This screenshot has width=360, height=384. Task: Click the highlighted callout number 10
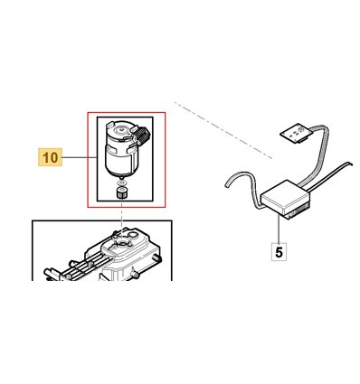coord(50,157)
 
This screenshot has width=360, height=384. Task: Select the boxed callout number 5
coord(279,251)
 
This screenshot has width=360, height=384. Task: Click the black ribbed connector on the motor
coord(142,135)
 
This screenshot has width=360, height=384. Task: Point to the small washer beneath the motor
coord(121,183)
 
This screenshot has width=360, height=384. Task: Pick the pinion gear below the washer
coord(121,192)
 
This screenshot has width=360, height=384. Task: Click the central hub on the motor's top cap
coord(121,130)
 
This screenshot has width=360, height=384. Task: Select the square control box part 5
coord(285,196)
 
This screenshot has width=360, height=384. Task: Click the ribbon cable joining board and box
coord(320,154)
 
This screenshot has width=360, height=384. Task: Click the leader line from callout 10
coord(80,157)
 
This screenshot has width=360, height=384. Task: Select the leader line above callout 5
coord(279,229)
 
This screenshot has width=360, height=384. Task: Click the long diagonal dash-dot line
coord(223,130)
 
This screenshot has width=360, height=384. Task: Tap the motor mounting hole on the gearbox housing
coord(122,242)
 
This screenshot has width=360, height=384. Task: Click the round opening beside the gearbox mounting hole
coord(132,235)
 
